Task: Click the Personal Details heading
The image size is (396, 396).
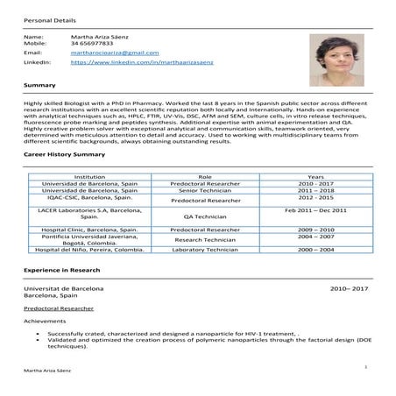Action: coord(49,18)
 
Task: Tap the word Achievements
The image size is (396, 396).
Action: coord(46,320)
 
